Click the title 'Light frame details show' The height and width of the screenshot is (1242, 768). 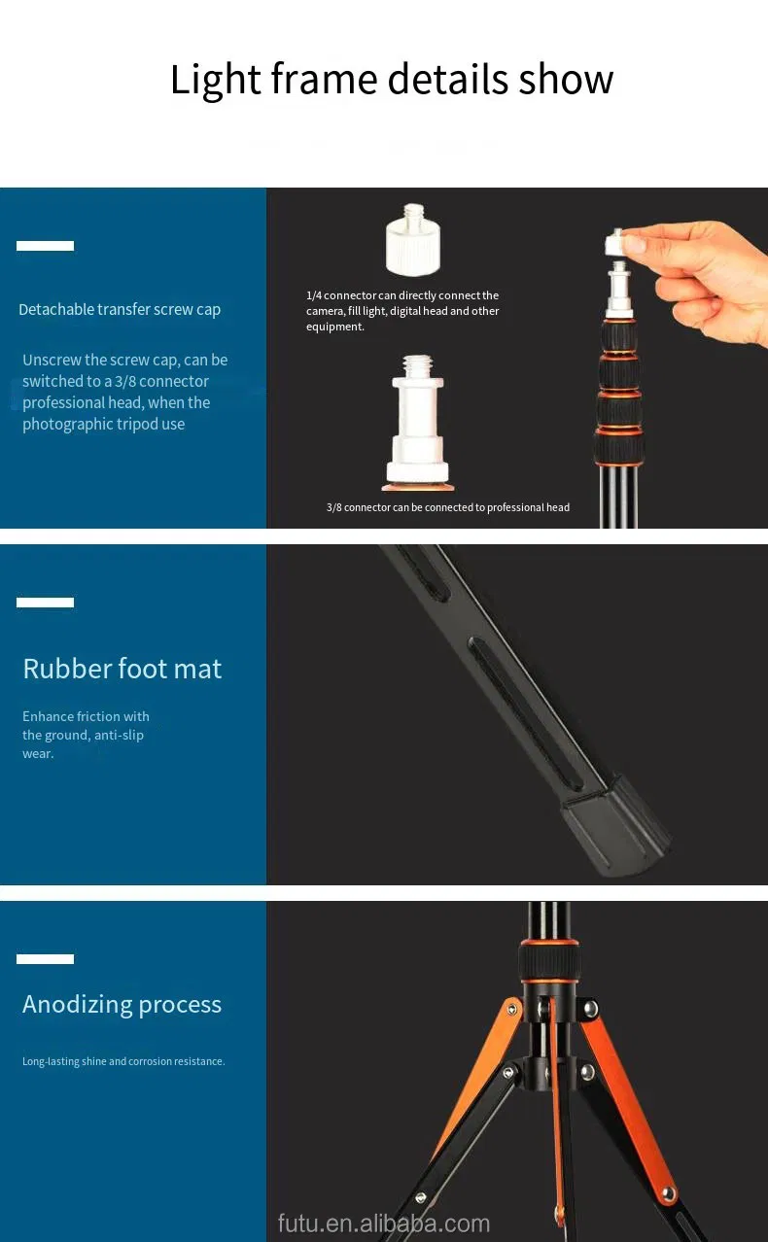pos(392,81)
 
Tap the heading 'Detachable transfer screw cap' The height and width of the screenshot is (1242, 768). pos(120,309)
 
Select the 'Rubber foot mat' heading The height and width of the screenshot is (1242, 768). pos(122,669)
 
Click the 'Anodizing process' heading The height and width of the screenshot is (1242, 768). pos(122,1005)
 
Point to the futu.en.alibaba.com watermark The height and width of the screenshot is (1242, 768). pos(384,1224)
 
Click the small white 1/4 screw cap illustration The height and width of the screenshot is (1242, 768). pos(413,239)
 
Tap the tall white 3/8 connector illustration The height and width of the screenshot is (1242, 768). pos(418,423)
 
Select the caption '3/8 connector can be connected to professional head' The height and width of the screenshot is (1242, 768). pos(448,507)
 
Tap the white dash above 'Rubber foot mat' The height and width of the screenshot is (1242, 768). pos(45,603)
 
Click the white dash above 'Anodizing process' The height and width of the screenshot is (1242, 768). pos(45,959)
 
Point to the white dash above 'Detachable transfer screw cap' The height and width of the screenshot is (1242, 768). pos(45,246)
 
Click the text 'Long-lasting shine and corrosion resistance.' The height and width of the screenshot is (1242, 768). pos(123,1061)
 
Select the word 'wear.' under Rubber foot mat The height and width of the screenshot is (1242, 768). pos(38,754)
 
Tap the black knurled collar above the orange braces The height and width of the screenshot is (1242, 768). pos(549,962)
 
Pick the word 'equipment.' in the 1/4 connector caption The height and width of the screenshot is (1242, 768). pos(335,327)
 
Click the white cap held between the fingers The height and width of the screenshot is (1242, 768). pos(617,243)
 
